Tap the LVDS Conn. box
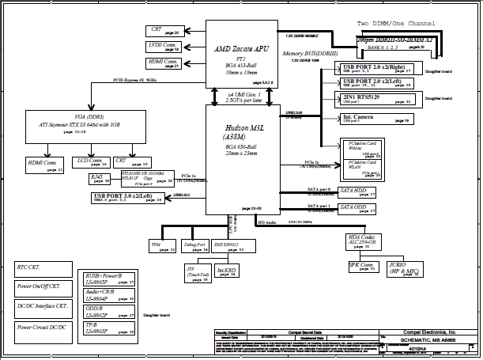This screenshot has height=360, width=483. point(164,47)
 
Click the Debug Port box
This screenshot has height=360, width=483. point(195,247)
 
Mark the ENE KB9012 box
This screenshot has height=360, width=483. point(229,247)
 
